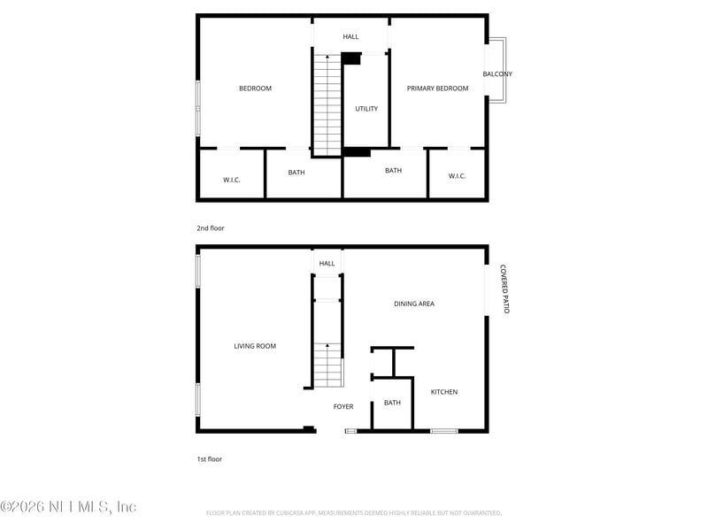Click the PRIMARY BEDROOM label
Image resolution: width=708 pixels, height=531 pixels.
point(437,88)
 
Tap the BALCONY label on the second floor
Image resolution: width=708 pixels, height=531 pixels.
point(497,74)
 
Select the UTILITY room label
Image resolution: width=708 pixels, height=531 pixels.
point(366,109)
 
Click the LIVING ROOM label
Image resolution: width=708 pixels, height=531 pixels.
point(255,346)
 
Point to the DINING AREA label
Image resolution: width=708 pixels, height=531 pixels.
point(414,304)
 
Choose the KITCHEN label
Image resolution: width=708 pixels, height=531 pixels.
point(444,392)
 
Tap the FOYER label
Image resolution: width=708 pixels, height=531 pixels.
point(343,407)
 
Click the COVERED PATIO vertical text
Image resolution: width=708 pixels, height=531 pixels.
point(504,289)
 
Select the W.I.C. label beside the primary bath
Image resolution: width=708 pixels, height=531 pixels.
point(457,176)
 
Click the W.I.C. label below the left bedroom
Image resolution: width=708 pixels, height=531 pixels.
point(232,180)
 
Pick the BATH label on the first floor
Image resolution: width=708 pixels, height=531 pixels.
point(392,403)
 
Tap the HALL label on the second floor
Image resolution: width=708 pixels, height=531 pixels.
point(351,36)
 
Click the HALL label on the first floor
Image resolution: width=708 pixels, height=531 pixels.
point(327,263)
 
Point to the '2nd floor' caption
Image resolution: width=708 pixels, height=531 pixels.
point(211,228)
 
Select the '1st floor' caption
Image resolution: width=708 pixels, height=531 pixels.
point(210,459)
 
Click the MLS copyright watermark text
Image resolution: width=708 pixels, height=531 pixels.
point(68,506)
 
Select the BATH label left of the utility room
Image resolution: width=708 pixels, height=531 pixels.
point(296,173)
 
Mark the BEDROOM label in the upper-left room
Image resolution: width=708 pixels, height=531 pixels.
point(255,88)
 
